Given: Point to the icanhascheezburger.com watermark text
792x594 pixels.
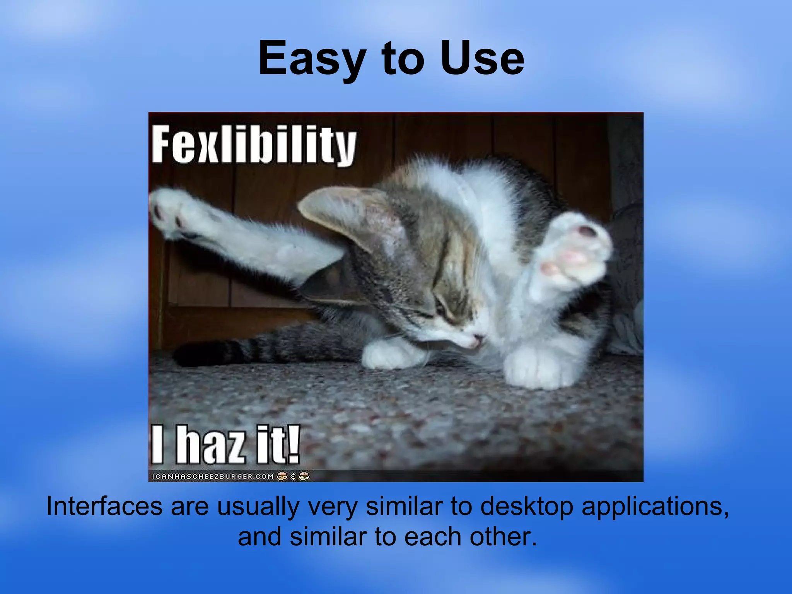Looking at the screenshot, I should (213, 476).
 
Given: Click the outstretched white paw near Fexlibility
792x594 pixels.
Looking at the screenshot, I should (170, 211).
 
